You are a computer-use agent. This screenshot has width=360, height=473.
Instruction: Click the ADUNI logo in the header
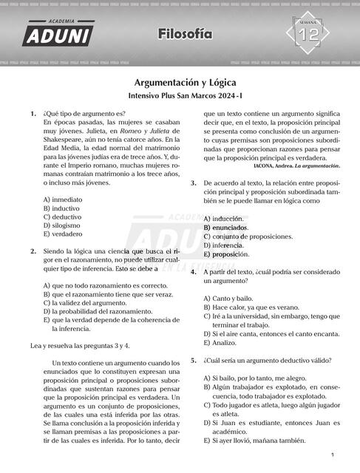(x=58, y=33)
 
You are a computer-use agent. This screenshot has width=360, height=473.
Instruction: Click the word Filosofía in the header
(x=184, y=34)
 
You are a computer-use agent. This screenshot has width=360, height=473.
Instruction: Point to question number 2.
(x=33, y=251)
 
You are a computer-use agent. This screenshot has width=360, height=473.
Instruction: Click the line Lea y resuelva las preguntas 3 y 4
(x=81, y=345)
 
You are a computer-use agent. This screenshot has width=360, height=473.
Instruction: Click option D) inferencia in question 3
(x=223, y=245)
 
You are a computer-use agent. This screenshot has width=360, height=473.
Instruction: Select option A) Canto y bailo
(x=227, y=297)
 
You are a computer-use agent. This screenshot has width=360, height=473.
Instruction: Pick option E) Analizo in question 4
(x=220, y=343)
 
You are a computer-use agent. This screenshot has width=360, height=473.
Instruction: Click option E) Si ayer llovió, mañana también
(x=254, y=440)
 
